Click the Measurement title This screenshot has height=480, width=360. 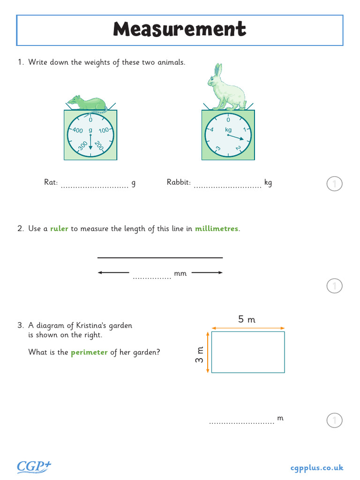pyautogui.click(x=180, y=30)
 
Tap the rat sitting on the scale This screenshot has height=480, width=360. pyautogui.click(x=88, y=104)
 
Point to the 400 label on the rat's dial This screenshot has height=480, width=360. pyautogui.click(x=77, y=130)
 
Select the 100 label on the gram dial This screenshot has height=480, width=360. pyautogui.click(x=104, y=130)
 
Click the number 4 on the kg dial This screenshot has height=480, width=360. pyautogui.click(x=212, y=130)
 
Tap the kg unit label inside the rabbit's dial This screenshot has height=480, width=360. pyautogui.click(x=228, y=129)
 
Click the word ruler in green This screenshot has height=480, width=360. pyautogui.click(x=59, y=229)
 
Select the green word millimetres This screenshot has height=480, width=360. pyautogui.click(x=217, y=229)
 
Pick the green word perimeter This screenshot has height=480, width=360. pyautogui.click(x=89, y=352)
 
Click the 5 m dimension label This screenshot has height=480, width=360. pyautogui.click(x=247, y=320)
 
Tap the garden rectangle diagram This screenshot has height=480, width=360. pyautogui.click(x=248, y=352)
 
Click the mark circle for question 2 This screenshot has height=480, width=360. pyautogui.click(x=334, y=285)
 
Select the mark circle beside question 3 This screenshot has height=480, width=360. pyautogui.click(x=334, y=420)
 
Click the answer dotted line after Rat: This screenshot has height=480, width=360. pyautogui.click(x=95, y=186)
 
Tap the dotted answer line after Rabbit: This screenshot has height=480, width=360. pyautogui.click(x=227, y=186)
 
